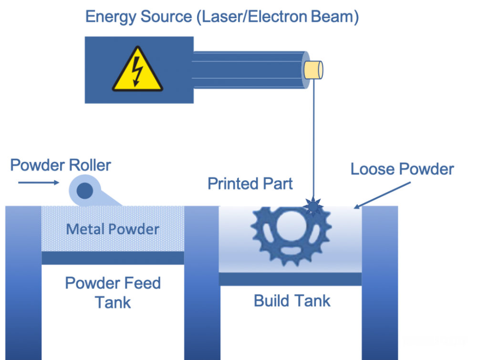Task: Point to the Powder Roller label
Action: (61, 165)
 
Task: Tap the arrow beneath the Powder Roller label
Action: (38, 182)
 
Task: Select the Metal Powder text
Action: (113, 229)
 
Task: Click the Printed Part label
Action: (250, 184)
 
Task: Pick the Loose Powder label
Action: (402, 169)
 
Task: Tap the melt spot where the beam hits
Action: (312, 206)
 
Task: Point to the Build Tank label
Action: (292, 301)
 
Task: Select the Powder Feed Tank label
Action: (113, 292)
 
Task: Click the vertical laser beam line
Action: (314, 143)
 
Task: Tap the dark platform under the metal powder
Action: (113, 258)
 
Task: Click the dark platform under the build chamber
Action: (290, 279)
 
